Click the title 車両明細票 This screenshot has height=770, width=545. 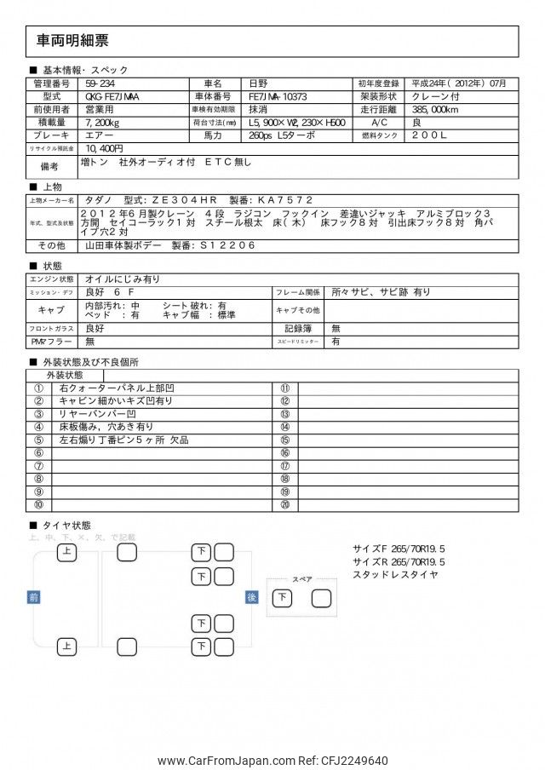pyautogui.click(x=73, y=41)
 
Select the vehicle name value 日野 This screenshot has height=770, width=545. pyautogui.click(x=257, y=83)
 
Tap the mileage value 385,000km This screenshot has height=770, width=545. pyautogui.click(x=434, y=110)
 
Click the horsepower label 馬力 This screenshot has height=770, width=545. pyautogui.click(x=212, y=135)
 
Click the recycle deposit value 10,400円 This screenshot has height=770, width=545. pyautogui.click(x=104, y=148)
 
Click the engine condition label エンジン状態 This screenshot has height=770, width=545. pyautogui.click(x=53, y=279)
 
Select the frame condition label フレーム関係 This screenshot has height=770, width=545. pyautogui.click(x=297, y=291)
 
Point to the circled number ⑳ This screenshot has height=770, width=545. pyautogui.click(x=284, y=505)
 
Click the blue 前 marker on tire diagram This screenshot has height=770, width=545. pyautogui.click(x=33, y=597)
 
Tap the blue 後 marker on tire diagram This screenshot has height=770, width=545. pyautogui.click(x=251, y=597)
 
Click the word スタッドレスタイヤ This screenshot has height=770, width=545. pyautogui.click(x=396, y=575)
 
